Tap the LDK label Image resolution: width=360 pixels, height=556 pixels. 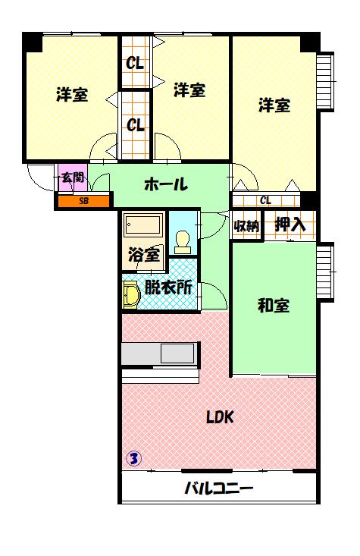pyautogui.click(x=220, y=416)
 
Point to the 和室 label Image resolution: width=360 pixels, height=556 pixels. pyautogui.click(x=274, y=306)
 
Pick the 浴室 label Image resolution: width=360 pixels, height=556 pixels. pyautogui.click(x=143, y=255)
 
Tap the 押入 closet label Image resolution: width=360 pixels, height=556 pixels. pyautogui.click(x=290, y=225)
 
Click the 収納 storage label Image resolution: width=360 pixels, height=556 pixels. pyautogui.click(x=246, y=225)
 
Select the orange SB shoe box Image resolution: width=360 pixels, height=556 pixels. pyautogui.click(x=83, y=201)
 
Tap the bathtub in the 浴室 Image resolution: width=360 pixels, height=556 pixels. pyautogui.click(x=142, y=226)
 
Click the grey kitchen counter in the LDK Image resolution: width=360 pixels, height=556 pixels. pyautogui.click(x=159, y=354)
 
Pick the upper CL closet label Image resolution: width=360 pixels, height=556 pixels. pyautogui.click(x=136, y=63)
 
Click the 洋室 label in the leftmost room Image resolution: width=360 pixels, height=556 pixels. pyautogui.click(x=71, y=96)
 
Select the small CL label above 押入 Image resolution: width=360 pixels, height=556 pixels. pyautogui.click(x=265, y=200)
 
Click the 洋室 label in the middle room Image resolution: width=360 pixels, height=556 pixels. pyautogui.click(x=189, y=90)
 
